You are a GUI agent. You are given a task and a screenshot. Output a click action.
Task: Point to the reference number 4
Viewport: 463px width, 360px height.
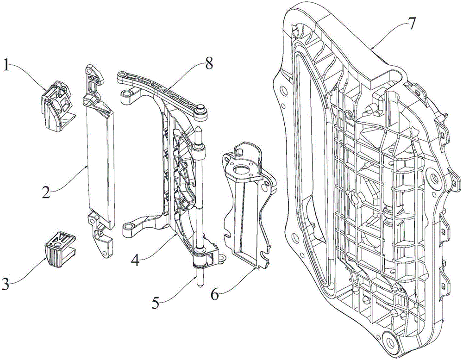tap(135, 260)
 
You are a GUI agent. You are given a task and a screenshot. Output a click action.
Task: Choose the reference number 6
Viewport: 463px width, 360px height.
tap(215, 294)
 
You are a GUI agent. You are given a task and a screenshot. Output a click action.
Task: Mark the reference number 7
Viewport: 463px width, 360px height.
tap(412, 23)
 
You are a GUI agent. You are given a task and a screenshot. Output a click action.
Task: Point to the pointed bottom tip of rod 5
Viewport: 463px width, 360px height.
tap(200, 286)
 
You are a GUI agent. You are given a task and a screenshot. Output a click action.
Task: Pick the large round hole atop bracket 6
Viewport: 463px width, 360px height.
tap(242, 170)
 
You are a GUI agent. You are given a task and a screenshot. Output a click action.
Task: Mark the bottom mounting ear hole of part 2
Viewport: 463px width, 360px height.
tap(103, 253)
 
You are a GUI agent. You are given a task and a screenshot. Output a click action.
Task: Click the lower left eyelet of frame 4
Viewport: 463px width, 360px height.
tap(128, 227)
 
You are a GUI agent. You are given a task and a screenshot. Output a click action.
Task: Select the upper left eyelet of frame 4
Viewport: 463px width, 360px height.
tap(126, 94)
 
